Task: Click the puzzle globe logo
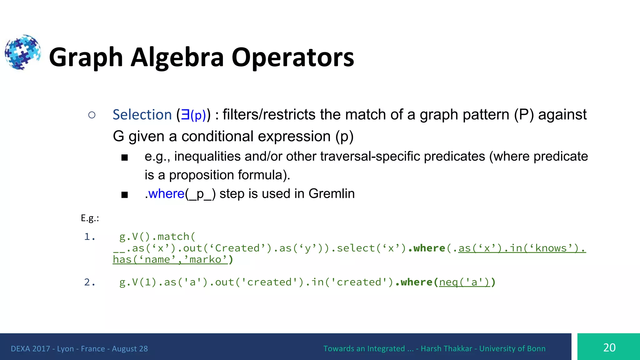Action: tap(22, 52)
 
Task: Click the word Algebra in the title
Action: tap(177, 57)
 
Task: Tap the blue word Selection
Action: tap(142, 115)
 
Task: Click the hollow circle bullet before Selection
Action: tap(92, 115)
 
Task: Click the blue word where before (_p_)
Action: tap(166, 194)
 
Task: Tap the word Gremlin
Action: tap(332, 194)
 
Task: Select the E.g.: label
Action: tap(90, 218)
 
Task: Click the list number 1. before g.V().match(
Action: tap(90, 237)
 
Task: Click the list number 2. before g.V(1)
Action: tap(90, 282)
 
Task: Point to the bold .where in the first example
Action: tap(427, 248)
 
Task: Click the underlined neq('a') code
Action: tap(464, 282)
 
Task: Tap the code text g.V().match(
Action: tap(157, 237)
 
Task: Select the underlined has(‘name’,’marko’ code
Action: tap(170, 260)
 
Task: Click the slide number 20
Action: tap(609, 348)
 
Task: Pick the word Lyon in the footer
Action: tap(65, 349)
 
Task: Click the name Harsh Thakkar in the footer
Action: tap(446, 349)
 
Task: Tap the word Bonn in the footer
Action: tap(536, 349)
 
